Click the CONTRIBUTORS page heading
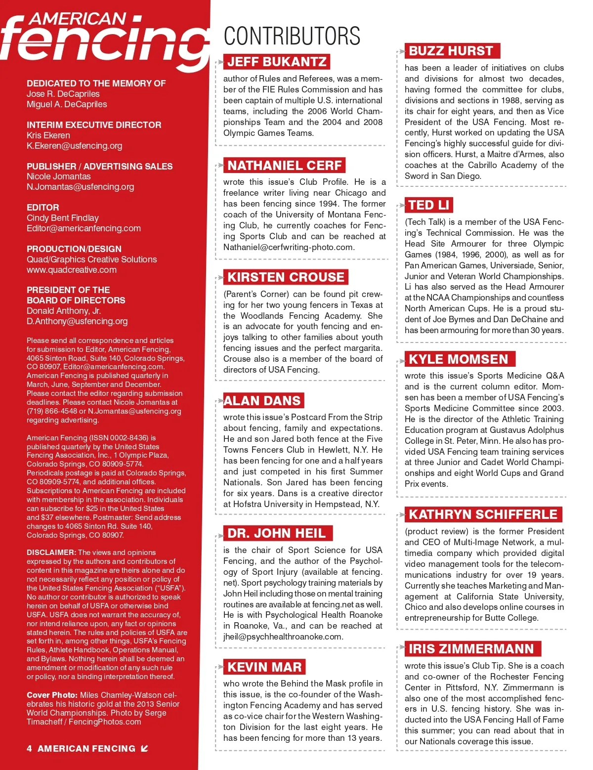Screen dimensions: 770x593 pos(292,36)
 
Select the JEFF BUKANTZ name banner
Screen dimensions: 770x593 pos(277,62)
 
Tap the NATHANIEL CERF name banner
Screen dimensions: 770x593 pos(285,165)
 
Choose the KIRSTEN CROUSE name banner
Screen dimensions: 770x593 pos(286,277)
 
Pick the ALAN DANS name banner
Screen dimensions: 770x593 pos(262,400)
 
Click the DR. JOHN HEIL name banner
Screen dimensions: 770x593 pos(277,533)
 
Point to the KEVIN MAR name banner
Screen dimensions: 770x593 pos(264,667)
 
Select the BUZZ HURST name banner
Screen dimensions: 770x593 pos(451,51)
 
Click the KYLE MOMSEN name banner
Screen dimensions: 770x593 pos(459,359)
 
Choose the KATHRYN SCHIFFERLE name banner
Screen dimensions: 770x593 pos(483,514)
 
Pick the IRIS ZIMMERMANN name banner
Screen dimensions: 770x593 pos(471,649)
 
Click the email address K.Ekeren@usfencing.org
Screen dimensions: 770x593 pos(75,146)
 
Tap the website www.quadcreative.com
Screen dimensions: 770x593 pos(72,270)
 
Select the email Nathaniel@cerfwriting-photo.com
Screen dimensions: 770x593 pos(289,247)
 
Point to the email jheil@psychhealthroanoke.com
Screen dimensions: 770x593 pos(283,637)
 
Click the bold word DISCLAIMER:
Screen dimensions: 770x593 pos(51,553)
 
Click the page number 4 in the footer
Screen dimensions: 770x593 pos(29,749)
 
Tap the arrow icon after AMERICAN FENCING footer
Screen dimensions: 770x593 pos(144,748)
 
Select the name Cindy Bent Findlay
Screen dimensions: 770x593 pos(63,218)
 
